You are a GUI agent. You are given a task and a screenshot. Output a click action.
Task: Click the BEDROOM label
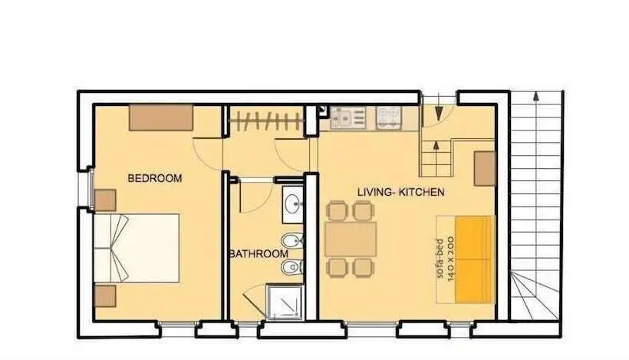tap(154, 178)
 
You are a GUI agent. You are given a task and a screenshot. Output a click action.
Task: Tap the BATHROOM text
tap(259, 253)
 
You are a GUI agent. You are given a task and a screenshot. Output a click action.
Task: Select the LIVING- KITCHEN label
tap(400, 192)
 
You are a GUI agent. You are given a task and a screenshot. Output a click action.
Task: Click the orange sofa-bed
tap(474, 259)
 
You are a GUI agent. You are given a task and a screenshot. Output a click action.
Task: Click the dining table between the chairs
tap(351, 239)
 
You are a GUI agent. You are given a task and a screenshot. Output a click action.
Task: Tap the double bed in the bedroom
tap(137, 248)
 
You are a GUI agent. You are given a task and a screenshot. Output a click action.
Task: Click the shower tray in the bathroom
tap(284, 302)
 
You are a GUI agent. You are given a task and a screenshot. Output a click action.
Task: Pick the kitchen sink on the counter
tap(347, 117)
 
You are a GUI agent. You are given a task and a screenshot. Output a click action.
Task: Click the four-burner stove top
tap(388, 117)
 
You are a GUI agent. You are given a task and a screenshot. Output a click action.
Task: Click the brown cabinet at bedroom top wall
tap(161, 117)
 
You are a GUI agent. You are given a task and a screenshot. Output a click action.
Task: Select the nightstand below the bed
tap(105, 296)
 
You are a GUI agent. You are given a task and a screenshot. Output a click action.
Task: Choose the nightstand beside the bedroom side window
tap(105, 200)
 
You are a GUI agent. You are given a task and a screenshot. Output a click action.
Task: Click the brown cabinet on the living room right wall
tap(484, 169)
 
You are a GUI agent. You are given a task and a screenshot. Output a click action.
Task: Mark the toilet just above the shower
tap(292, 267)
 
